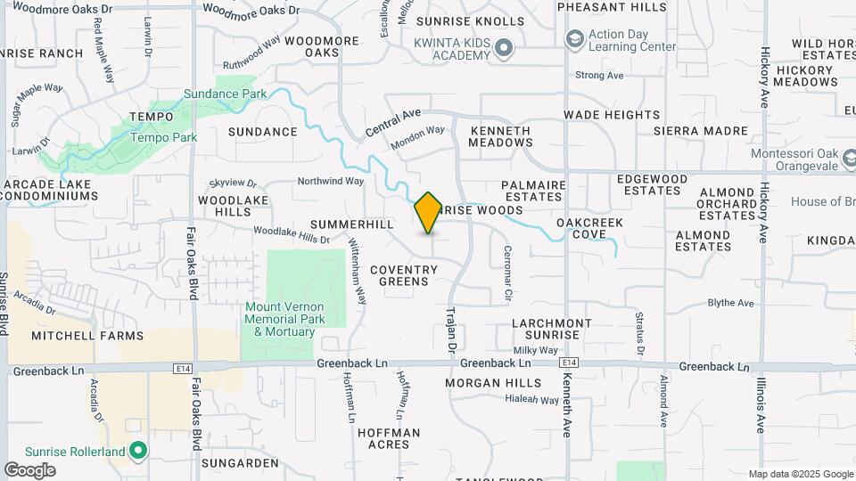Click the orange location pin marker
click(x=428, y=212)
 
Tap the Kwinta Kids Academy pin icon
click(x=504, y=47)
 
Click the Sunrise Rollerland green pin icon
click(x=137, y=451)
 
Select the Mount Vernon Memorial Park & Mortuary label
click(x=284, y=319)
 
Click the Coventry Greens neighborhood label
click(x=399, y=275)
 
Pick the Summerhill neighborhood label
click(x=352, y=224)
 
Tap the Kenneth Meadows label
click(x=500, y=136)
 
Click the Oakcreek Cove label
click(x=588, y=228)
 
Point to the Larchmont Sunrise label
click(x=552, y=329)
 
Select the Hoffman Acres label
click(x=388, y=438)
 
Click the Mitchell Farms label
click(x=87, y=336)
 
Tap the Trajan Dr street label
click(x=451, y=330)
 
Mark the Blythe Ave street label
click(x=730, y=303)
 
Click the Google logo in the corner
click(x=29, y=470)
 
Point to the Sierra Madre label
click(x=700, y=130)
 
